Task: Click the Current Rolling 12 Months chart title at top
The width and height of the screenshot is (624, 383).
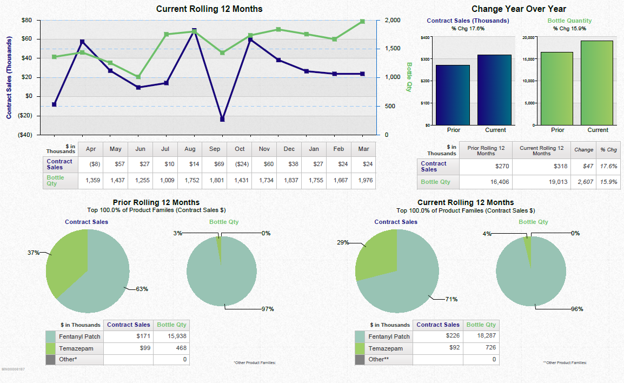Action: pos(209,9)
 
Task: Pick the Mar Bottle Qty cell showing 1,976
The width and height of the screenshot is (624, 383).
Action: pos(366,181)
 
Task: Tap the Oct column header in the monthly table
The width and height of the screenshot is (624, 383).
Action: pos(240,149)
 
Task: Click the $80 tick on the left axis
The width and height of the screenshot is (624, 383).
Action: pos(26,20)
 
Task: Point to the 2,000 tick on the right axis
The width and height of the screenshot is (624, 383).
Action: pos(392,20)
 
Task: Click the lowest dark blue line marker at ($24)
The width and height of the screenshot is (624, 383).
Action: pos(222,119)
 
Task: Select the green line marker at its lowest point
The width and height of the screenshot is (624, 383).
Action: pos(138,77)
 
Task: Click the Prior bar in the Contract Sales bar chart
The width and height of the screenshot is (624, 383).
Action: pos(453,95)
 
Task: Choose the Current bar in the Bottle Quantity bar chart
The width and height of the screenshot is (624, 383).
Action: pos(598,83)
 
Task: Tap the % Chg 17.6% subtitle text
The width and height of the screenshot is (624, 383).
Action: pos(468,29)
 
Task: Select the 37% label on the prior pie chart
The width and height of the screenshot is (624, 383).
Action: pos(34,253)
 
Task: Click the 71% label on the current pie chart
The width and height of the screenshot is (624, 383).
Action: pos(452,299)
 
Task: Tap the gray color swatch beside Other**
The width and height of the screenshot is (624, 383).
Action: pos(360,359)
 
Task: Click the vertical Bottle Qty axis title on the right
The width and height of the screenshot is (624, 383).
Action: pos(409,77)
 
